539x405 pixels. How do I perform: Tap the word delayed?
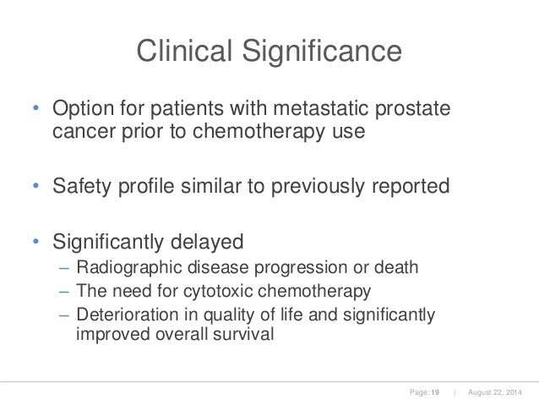[204, 242]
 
